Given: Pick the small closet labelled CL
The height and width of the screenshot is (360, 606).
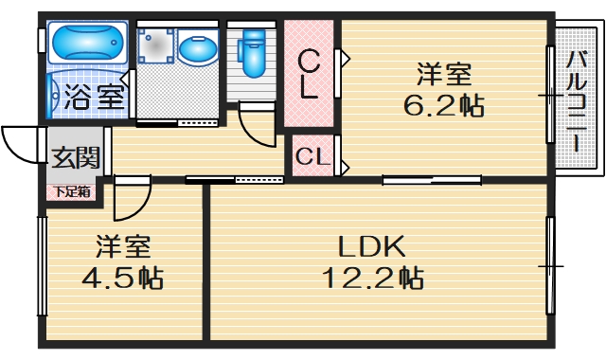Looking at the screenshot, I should [x=312, y=157].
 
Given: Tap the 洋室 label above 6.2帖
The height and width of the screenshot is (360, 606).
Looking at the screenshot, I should [x=444, y=74].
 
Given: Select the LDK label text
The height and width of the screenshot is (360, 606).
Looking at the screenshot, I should [x=373, y=247].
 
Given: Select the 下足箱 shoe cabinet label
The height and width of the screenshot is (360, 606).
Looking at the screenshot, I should [x=72, y=192].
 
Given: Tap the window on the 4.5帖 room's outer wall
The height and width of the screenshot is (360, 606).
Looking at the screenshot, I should [x=42, y=266].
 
